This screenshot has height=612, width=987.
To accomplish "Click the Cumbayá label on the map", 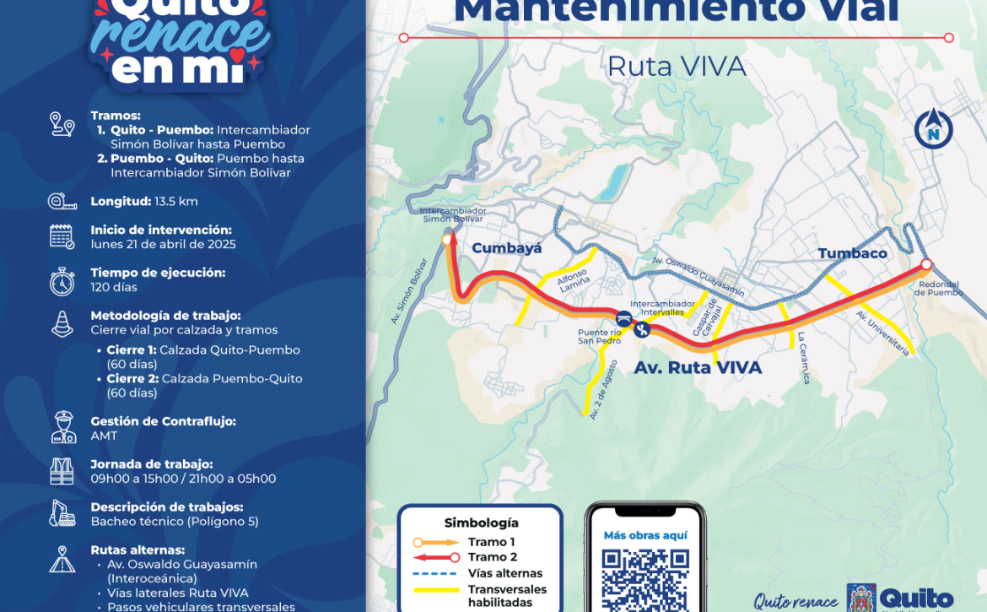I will [506, 248].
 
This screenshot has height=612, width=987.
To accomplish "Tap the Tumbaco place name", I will [852, 253].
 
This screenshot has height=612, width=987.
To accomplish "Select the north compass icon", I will [933, 131].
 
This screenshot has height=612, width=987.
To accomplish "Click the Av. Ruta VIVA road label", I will [698, 368].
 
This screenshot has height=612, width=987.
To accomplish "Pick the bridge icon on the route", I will [624, 318].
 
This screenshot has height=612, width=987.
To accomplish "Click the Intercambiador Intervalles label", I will [662, 307].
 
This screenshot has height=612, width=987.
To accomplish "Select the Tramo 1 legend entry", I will [492, 542].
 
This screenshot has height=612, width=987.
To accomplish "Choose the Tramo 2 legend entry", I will [492, 557].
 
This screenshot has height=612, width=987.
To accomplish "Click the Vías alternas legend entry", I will [505, 573].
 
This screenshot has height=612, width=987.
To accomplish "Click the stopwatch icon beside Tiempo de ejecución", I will [62, 281].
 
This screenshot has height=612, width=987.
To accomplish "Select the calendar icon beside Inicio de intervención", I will [62, 236].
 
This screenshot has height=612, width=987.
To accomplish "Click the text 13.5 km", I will [175, 202].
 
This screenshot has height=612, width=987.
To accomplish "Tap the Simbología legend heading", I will [481, 523].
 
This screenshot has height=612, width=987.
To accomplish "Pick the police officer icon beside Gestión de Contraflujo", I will [63, 428].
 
